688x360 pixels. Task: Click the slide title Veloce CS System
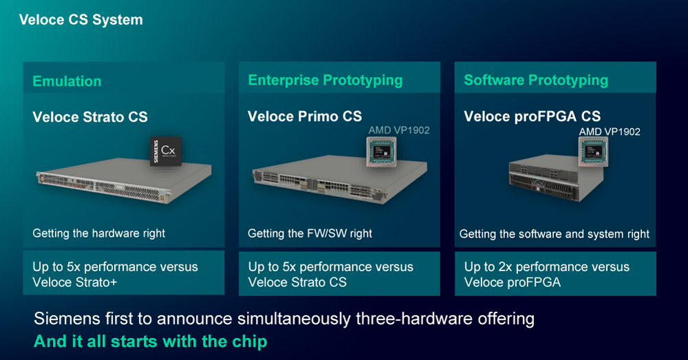(80, 20)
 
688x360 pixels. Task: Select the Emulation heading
(67, 81)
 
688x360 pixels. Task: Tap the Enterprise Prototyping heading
(325, 81)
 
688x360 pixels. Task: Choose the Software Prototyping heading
(536, 81)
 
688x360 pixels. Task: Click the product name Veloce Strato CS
(90, 117)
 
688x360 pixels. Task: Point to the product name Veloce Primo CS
(305, 116)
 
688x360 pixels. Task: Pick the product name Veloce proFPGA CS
(533, 116)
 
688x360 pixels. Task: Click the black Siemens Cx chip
(166, 151)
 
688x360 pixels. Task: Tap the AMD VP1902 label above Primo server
(399, 130)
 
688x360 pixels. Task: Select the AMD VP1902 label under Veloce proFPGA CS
(610, 131)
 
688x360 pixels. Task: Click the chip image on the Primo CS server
(381, 151)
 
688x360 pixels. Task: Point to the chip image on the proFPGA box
(593, 151)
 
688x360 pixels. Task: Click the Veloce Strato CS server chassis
(124, 180)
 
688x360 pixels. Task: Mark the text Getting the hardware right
(98, 233)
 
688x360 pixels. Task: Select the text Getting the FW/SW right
(310, 233)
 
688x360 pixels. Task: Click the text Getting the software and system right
(554, 234)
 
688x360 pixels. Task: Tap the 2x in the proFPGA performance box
(505, 267)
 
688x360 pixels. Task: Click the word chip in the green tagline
(250, 341)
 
